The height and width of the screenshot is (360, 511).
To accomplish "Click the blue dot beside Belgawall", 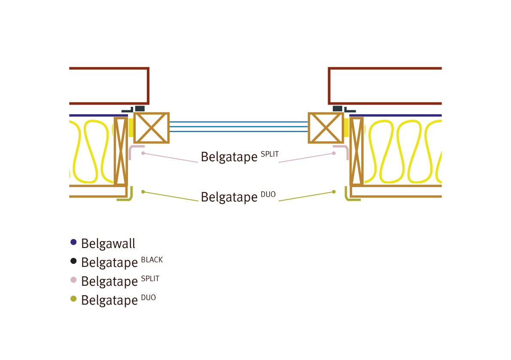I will (73, 242).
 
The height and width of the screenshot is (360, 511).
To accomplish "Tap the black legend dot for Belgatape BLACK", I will (73, 261).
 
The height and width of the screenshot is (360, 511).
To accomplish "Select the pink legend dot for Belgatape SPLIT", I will (73, 280).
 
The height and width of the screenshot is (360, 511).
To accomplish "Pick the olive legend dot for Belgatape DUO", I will (73, 299).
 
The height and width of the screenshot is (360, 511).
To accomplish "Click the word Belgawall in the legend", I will (108, 243).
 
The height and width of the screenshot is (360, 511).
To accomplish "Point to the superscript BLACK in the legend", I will (152, 260).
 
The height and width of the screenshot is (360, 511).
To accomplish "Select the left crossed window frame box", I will (152, 128).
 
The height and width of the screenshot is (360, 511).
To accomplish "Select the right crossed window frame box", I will (326, 128).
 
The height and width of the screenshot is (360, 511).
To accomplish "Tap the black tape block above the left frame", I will (140, 109).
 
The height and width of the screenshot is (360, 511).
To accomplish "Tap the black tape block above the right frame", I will (338, 109).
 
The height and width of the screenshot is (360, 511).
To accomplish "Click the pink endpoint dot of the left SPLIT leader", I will (143, 153).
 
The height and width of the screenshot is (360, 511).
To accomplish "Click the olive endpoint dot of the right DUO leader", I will (334, 192).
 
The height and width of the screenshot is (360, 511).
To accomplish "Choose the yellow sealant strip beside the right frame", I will (346, 127).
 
